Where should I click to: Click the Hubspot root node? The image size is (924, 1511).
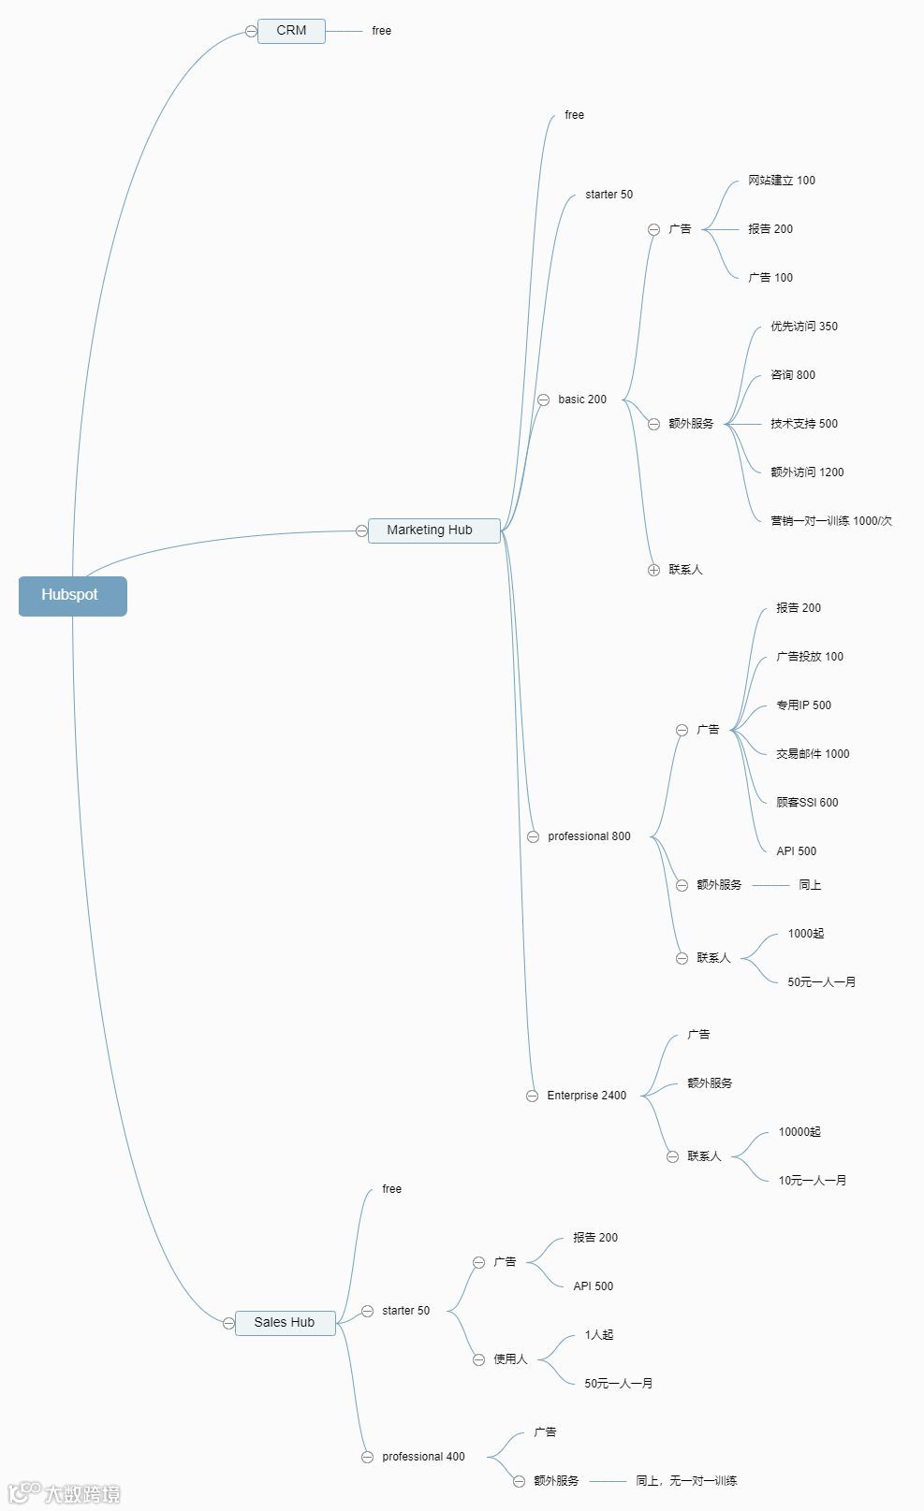click(x=72, y=596)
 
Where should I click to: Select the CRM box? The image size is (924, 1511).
click(x=291, y=31)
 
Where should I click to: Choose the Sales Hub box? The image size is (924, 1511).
click(x=285, y=1323)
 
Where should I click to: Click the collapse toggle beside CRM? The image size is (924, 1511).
click(x=251, y=32)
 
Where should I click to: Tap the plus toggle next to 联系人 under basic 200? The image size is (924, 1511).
click(x=653, y=570)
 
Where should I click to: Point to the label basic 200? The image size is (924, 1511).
click(x=582, y=400)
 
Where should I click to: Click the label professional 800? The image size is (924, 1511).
click(x=589, y=836)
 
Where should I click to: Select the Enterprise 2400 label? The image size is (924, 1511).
click(x=587, y=1096)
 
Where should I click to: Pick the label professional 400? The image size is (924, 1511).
click(x=423, y=1457)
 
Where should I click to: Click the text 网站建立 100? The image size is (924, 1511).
click(x=782, y=181)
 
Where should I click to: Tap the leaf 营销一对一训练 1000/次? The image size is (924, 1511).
click(x=831, y=521)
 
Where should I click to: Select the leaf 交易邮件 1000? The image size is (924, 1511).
click(x=813, y=754)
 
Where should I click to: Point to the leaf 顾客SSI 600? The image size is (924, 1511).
click(x=807, y=803)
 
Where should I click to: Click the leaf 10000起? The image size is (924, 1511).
click(x=799, y=1132)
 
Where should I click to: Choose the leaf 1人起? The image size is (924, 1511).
click(x=599, y=1335)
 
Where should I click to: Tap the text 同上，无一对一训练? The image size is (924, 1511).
click(x=686, y=1481)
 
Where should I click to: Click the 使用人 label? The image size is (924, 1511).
click(x=510, y=1359)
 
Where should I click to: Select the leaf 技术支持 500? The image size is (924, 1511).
click(x=804, y=424)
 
